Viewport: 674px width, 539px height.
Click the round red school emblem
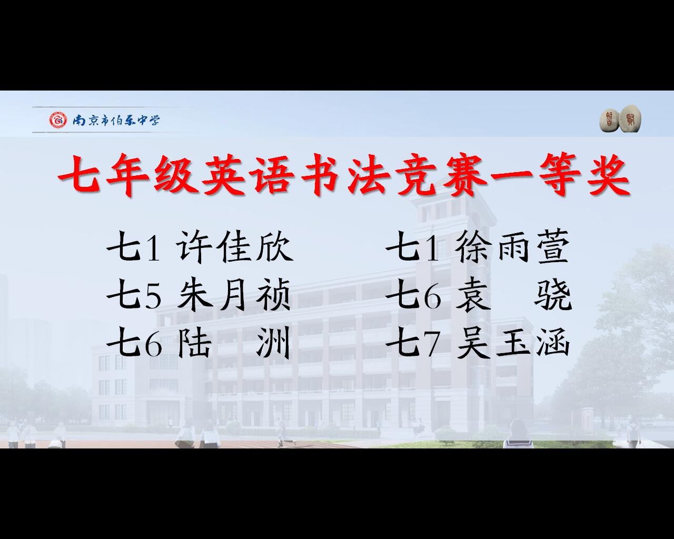coord(58,120)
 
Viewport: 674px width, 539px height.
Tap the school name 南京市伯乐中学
coord(116,120)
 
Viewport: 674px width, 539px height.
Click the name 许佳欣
coord(235,246)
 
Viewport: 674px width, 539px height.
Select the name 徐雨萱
coord(513,246)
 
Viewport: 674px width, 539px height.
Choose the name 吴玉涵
coord(513,342)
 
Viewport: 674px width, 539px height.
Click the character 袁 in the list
coord(472,295)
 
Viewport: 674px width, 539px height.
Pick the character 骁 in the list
coord(553,295)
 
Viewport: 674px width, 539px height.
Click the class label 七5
coord(135,295)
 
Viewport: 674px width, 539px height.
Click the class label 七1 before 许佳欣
coord(134,247)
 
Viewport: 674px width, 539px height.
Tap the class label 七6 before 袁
coord(414,295)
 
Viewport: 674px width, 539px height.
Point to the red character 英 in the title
coord(223,174)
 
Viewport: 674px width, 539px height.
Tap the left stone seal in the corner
coord(609,121)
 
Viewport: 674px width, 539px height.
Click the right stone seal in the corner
coord(630,119)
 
